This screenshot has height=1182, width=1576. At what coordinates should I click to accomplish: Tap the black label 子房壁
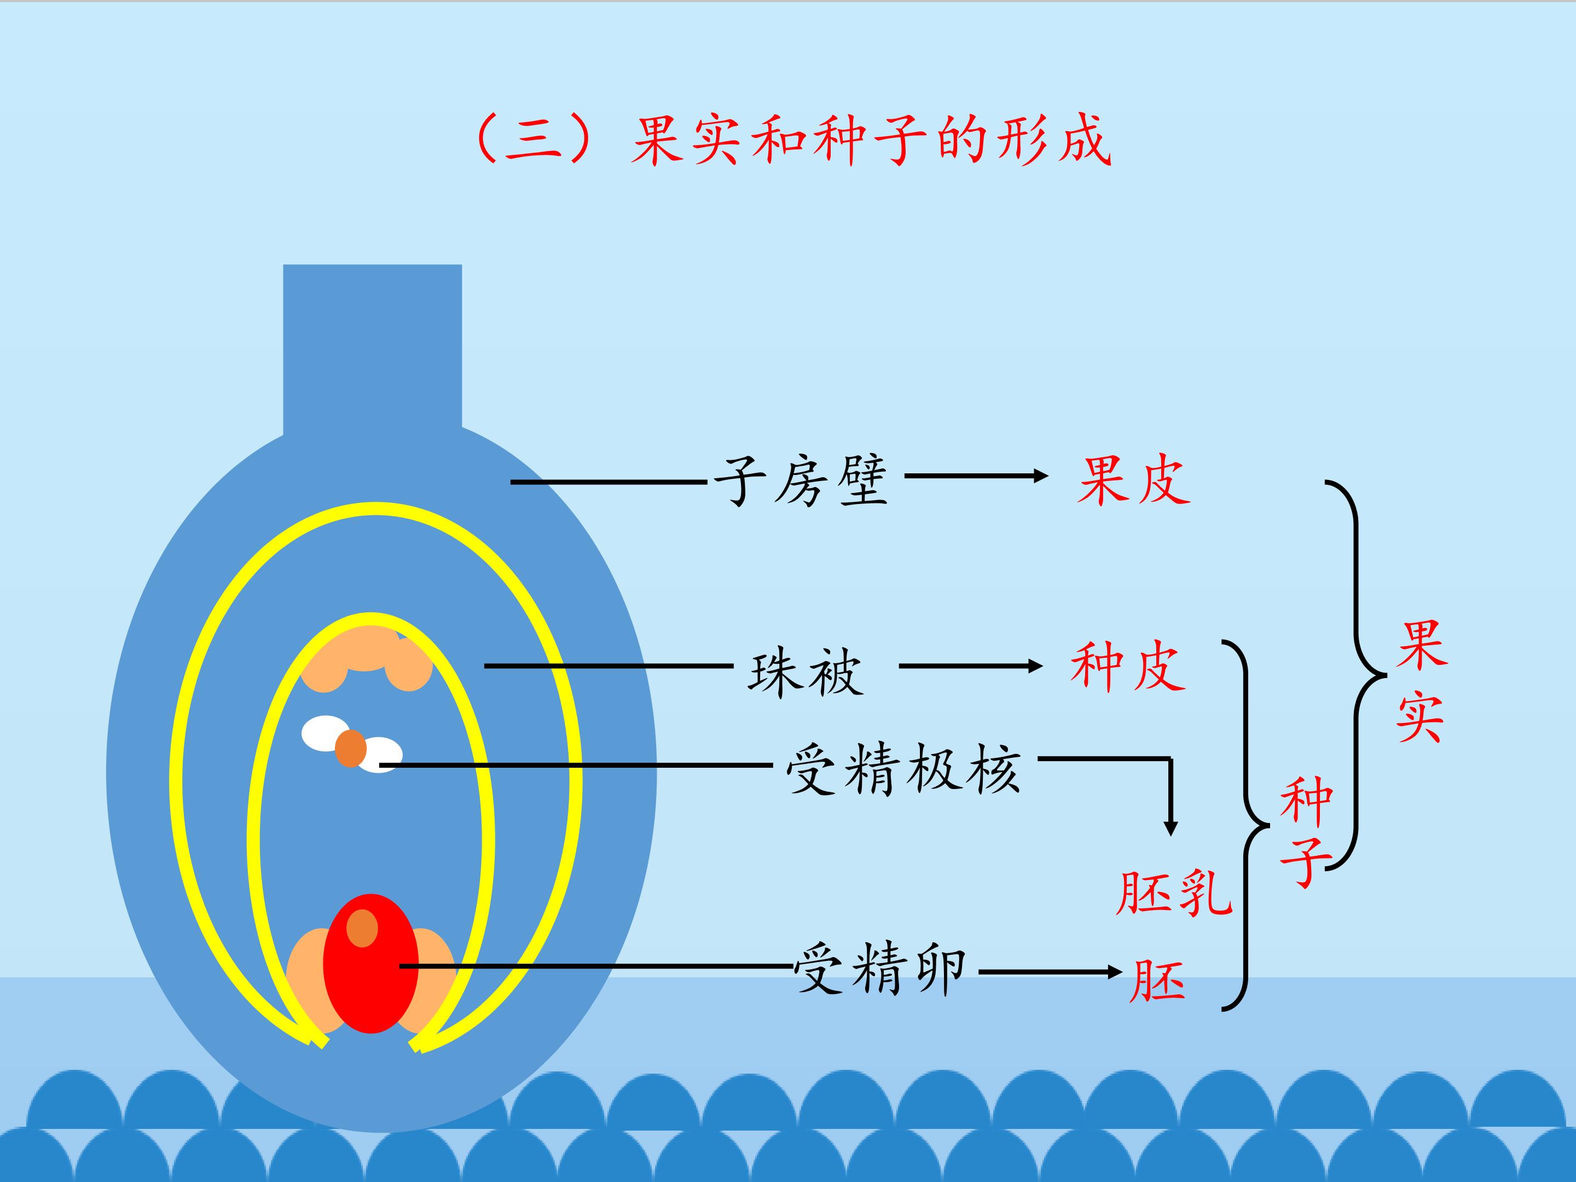click(x=801, y=481)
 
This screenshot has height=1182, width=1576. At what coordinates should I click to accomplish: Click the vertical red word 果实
click(x=1421, y=682)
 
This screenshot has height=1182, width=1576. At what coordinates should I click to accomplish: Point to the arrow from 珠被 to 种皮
click(x=971, y=666)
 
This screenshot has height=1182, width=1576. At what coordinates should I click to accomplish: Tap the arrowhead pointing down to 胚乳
click(x=1170, y=827)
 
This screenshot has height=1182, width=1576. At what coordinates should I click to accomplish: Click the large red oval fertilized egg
click(x=370, y=963)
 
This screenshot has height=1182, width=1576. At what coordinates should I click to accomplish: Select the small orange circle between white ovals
click(x=351, y=748)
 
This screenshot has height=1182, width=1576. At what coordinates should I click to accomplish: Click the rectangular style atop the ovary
click(x=373, y=349)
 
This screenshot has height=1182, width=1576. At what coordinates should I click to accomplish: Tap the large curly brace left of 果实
click(x=1356, y=674)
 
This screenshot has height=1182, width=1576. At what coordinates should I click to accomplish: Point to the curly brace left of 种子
click(x=1245, y=825)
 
